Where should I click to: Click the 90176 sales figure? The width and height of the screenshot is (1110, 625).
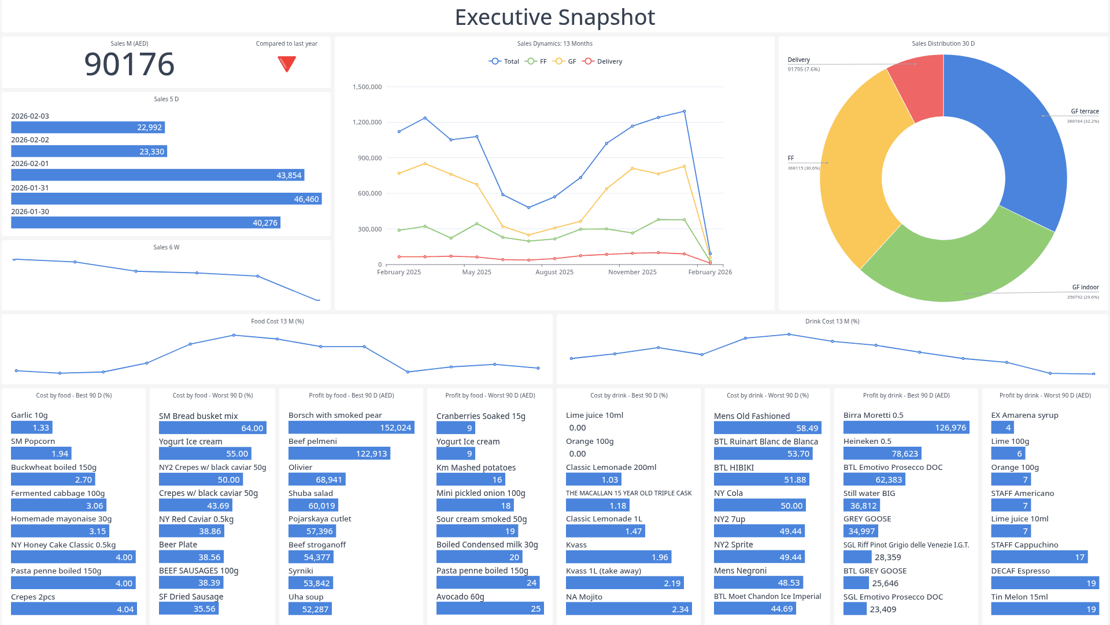tap(129, 64)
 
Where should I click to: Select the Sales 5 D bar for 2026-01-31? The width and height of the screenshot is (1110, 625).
tap(166, 199)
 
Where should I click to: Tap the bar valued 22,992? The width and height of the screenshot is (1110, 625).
tap(88, 127)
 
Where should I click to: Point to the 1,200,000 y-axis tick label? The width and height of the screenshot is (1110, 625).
tap(367, 122)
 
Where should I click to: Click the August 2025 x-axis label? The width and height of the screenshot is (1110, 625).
tap(554, 272)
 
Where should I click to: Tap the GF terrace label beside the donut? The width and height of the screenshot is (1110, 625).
tap(1085, 112)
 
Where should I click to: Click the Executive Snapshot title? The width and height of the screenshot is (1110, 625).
tap(555, 17)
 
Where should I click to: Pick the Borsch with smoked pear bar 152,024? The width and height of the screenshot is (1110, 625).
tap(351, 428)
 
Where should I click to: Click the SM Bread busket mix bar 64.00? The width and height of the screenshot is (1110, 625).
tap(212, 428)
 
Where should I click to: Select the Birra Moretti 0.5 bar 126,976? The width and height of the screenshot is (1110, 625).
tap(906, 428)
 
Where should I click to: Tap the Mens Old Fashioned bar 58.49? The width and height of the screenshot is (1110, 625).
tap(767, 428)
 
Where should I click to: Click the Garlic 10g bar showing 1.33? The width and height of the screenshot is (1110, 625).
tap(32, 428)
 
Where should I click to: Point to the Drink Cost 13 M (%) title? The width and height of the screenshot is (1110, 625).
tap(832, 321)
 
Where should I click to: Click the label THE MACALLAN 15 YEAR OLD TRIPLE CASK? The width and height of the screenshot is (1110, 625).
tap(628, 493)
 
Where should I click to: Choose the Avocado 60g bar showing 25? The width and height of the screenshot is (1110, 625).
tap(490, 609)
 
